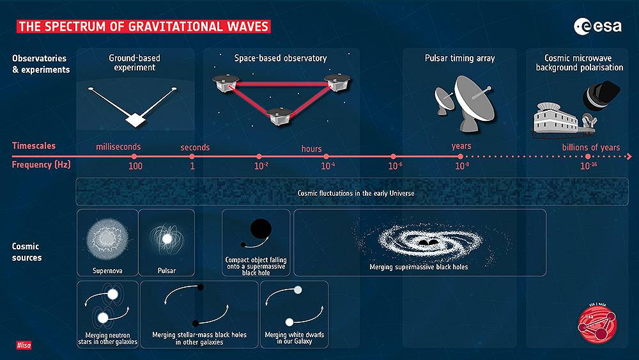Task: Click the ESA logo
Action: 598,26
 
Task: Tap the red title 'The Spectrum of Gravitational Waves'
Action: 143,26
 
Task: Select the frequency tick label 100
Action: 135,166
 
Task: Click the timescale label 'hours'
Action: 311,149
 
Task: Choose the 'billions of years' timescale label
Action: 591,147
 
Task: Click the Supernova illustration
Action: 107,239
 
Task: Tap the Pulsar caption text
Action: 167,270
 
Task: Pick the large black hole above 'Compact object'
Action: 261,229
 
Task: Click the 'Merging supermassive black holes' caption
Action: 419,267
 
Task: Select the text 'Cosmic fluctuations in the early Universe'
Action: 356,193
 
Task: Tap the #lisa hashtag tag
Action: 24,345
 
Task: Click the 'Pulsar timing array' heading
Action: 459,58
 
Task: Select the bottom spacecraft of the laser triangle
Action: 280,116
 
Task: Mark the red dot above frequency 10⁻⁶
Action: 393,157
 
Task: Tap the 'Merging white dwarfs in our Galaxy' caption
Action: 294,338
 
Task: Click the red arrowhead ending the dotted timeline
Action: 629,157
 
